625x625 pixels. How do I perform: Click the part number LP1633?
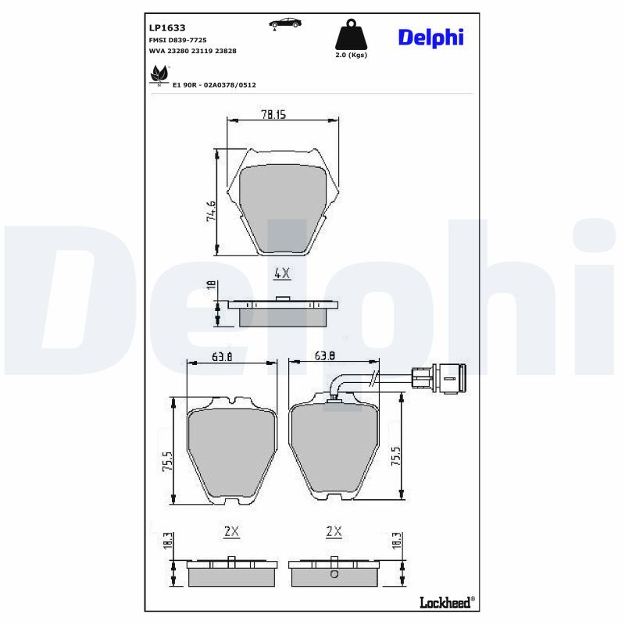coord(167,28)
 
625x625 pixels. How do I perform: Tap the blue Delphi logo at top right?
coord(431,37)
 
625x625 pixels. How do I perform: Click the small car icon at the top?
coord(285,23)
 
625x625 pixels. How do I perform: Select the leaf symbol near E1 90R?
coord(159,74)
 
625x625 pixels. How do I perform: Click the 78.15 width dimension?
coord(273,114)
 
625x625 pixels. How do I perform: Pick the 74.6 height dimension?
coord(211,211)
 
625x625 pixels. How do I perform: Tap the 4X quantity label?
coord(282,273)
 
